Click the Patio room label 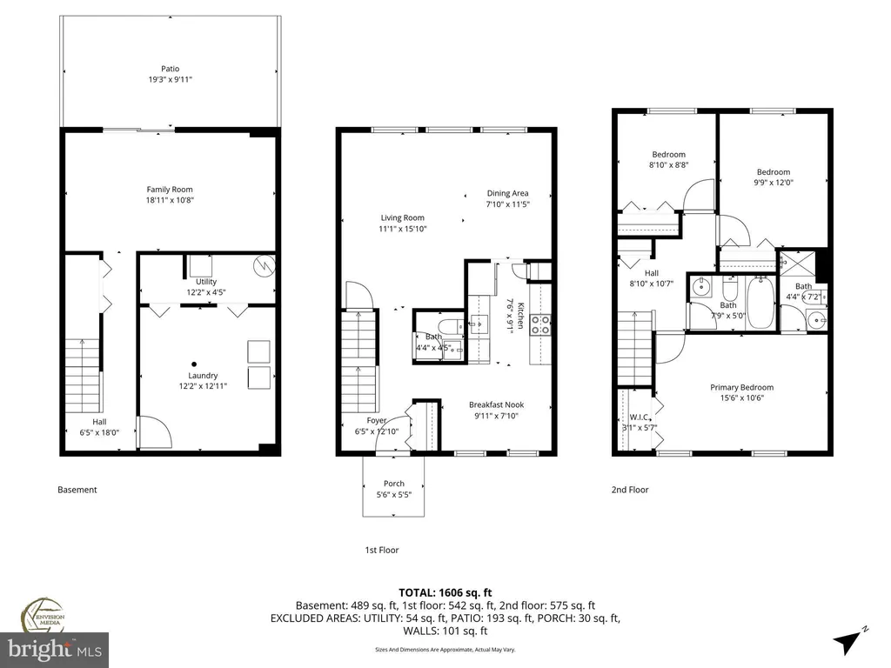click(170, 69)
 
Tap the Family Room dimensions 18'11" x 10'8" click(170, 200)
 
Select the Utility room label click(206, 282)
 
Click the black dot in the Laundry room click(194, 364)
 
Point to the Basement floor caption click(77, 490)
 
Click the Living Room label click(402, 217)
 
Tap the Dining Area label click(507, 193)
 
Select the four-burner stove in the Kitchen click(540, 325)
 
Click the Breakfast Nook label click(496, 405)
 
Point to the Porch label click(394, 484)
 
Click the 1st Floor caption click(382, 550)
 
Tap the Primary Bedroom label click(741, 387)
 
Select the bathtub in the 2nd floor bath click(760, 302)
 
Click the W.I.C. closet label click(640, 417)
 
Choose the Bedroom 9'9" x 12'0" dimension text click(774, 183)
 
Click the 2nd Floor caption click(630, 490)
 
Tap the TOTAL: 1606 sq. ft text click(445, 593)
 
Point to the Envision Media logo click(44, 615)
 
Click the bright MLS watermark click(55, 650)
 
